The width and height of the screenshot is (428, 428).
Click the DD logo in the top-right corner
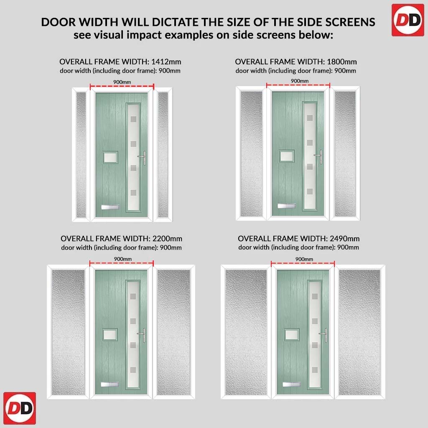(408, 20)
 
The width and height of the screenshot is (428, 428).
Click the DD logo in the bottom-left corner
(20, 408)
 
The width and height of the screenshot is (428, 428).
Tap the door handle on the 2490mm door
(324, 335)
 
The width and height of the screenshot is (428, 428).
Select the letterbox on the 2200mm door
(110, 384)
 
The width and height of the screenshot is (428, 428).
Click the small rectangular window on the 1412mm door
(110, 157)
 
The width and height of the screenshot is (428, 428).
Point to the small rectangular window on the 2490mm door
(292, 334)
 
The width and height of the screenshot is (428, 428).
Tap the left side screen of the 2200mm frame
(68, 332)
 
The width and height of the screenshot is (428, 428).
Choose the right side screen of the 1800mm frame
(345, 154)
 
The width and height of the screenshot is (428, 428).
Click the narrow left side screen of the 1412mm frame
(81, 155)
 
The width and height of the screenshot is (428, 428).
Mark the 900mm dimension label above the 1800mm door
(300, 81)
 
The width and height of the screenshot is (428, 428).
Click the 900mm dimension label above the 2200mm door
(123, 259)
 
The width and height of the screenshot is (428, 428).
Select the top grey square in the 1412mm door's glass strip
(133, 119)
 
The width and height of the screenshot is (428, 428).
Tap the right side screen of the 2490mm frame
(359, 332)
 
